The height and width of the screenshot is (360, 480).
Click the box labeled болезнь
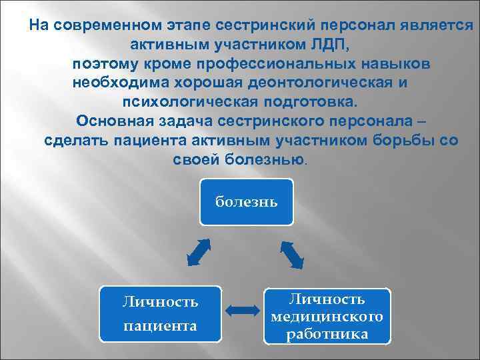pyautogui.click(x=246, y=201)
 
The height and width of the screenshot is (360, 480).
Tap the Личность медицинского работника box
pyautogui.click(x=327, y=316)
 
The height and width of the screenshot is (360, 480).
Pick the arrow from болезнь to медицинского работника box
pyautogui.click(x=293, y=254)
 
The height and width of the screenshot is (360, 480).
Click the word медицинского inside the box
pyautogui.click(x=327, y=316)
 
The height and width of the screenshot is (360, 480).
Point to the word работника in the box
pyautogui.click(x=327, y=333)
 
